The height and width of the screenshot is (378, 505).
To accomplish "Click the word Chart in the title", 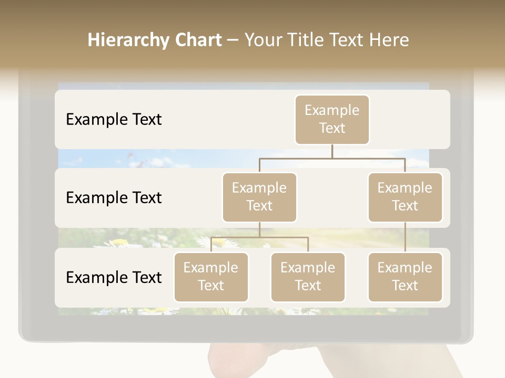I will (x=197, y=40).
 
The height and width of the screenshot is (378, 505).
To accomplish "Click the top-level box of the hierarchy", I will (x=332, y=119).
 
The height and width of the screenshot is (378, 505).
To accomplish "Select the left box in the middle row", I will (x=259, y=197).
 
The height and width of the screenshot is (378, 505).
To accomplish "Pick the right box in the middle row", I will (x=405, y=197).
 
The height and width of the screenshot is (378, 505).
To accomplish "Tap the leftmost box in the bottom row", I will (x=211, y=277).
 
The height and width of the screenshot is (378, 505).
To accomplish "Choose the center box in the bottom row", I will (x=308, y=277).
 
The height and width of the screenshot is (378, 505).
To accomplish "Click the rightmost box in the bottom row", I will (x=405, y=277).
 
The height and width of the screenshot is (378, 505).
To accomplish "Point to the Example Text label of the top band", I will (x=114, y=120).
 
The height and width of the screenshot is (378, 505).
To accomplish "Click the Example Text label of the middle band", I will (x=114, y=198).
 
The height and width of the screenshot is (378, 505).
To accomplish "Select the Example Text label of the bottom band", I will (x=114, y=277).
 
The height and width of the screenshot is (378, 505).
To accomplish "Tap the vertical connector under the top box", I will (x=332, y=151).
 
